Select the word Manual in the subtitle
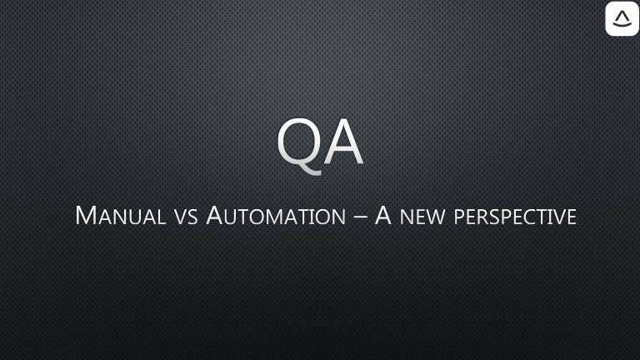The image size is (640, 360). click(120, 216)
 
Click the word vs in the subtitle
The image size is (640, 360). click(186, 218)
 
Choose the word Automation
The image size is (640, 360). click(276, 216)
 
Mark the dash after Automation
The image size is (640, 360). click(360, 217)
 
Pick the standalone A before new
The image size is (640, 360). click(383, 215)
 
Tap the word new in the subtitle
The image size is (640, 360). click(422, 218)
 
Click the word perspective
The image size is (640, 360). click(515, 217)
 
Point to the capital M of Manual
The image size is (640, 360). click(86, 215)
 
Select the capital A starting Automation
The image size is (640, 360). click(214, 215)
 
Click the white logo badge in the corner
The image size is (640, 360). click(622, 18)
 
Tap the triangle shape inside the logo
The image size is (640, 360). click(622, 17)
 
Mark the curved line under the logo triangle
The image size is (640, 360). click(622, 24)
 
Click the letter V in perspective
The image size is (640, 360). click(559, 218)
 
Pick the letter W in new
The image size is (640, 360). click(435, 218)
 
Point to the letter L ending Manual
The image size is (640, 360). click(162, 218)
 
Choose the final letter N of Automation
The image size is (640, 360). click(339, 218)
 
